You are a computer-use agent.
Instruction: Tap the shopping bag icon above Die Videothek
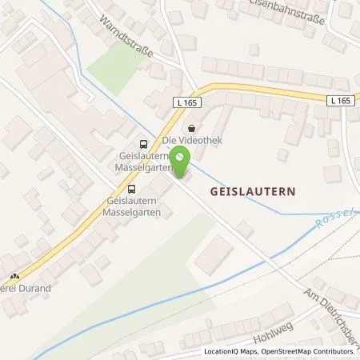(x=190, y=128)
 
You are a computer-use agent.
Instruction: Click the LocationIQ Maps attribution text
(x=234, y=352)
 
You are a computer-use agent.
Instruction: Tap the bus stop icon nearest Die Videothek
(x=142, y=144)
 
